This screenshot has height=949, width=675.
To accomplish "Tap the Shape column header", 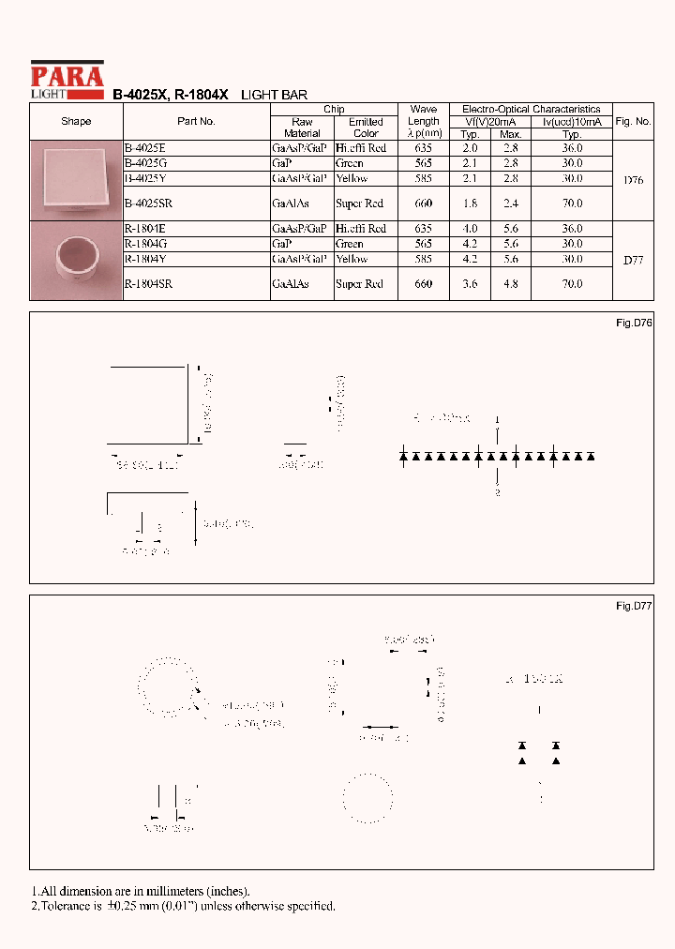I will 76,121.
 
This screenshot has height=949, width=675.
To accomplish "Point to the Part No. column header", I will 196,121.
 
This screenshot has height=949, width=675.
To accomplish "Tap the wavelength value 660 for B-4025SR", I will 424,203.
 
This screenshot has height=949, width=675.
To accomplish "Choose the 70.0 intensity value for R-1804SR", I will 572,283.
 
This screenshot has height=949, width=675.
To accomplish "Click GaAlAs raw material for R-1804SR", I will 290,283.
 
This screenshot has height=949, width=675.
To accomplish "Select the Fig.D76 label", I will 633,323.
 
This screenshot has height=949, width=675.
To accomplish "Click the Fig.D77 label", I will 633,606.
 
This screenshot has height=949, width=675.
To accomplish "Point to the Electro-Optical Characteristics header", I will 532,110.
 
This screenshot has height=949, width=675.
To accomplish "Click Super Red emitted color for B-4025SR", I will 359,203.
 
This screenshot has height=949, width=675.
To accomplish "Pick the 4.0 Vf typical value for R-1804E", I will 471,229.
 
